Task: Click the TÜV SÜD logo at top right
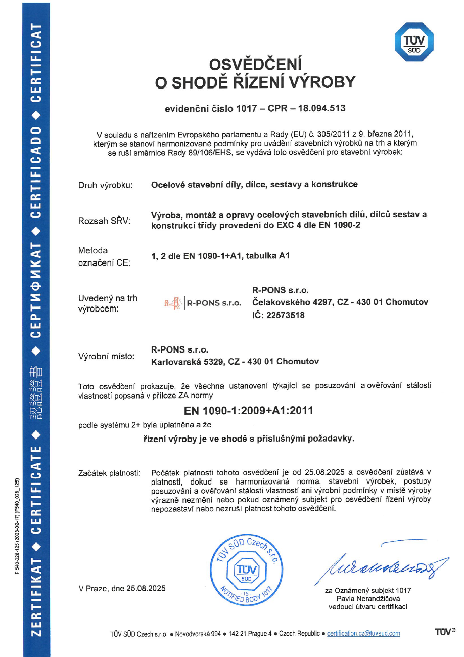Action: (414, 41)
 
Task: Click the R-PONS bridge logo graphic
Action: (172, 303)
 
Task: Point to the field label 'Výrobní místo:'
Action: (106, 357)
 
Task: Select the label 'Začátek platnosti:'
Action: (109, 473)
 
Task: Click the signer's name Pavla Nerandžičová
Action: (368, 599)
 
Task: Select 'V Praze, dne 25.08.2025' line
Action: (122, 588)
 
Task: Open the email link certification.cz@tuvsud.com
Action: (363, 633)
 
